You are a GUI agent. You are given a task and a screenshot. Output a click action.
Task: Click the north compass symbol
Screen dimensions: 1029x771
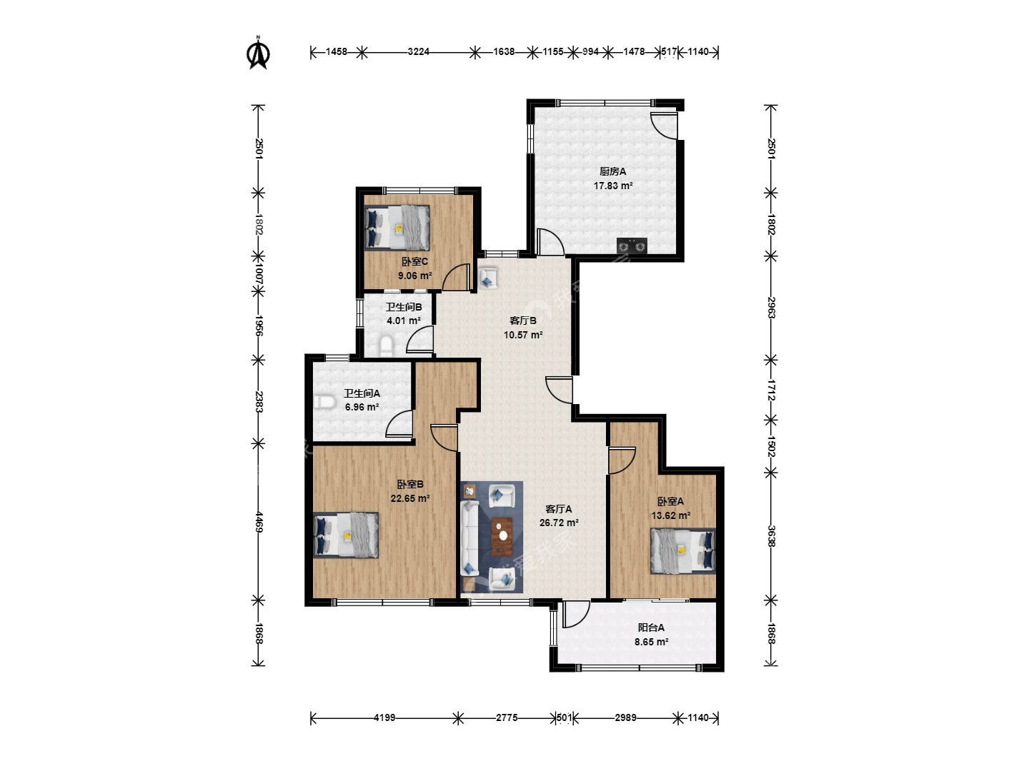click(258, 53)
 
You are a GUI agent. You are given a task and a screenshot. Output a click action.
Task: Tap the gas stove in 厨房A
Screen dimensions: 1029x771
click(632, 246)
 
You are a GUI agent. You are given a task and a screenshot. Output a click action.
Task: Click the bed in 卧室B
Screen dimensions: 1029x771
click(345, 535)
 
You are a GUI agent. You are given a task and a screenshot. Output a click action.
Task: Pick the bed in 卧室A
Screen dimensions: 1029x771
click(682, 551)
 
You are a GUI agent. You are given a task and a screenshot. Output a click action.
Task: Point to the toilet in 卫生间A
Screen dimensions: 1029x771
click(324, 402)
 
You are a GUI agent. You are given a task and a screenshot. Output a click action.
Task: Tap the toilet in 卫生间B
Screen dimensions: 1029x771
click(386, 346)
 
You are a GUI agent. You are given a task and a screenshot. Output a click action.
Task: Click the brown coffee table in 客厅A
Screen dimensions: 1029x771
click(502, 536)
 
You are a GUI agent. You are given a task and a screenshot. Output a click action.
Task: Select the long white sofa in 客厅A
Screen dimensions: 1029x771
click(469, 538)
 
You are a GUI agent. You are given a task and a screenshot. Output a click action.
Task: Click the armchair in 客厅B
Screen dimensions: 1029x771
click(487, 278)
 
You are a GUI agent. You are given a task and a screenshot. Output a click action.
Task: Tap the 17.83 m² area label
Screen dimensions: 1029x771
click(613, 186)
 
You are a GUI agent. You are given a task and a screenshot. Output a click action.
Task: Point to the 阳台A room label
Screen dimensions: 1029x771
click(651, 628)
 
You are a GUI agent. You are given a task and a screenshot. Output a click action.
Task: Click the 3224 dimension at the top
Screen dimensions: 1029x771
click(418, 51)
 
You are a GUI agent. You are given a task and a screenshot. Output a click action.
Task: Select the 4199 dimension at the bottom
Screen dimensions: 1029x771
click(384, 717)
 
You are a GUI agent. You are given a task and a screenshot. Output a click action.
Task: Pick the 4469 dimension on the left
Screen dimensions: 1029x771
click(259, 522)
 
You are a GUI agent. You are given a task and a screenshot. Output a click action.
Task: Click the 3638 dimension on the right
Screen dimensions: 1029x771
click(771, 536)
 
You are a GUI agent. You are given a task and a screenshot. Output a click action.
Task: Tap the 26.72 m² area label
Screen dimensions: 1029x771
click(559, 523)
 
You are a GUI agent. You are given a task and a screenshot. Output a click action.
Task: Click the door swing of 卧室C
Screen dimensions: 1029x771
click(456, 277)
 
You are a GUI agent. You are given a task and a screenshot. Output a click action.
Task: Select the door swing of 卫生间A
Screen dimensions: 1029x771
click(399, 423)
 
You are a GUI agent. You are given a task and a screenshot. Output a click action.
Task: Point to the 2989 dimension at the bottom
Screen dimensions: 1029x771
click(625, 717)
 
